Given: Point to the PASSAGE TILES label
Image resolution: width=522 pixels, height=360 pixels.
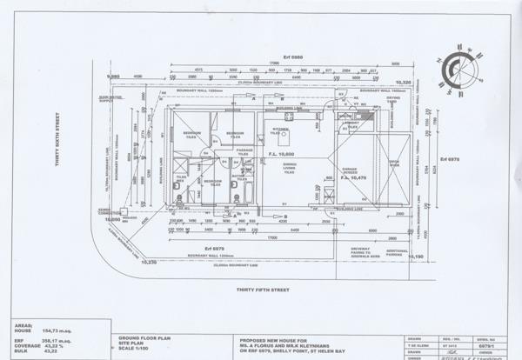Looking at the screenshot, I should point(244,151).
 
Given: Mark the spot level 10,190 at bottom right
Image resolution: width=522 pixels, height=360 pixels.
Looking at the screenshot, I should point(416,257).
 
